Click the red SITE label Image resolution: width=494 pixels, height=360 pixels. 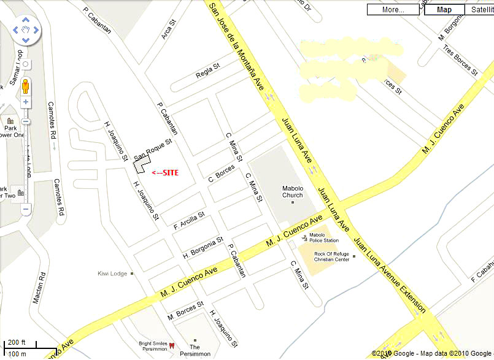[165, 172]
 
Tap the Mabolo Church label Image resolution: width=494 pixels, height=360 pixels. [293, 191]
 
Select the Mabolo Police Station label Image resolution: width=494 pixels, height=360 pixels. [323, 237]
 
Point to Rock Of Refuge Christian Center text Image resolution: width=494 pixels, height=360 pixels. [332, 256]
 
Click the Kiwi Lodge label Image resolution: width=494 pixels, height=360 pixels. [112, 274]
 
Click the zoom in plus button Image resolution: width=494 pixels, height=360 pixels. [26, 102]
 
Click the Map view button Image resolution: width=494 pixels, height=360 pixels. [444, 9]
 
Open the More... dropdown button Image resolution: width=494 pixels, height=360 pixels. [393, 9]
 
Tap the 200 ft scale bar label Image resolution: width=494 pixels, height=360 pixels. [17, 342]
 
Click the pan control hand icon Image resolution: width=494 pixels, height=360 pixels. [26, 29]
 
